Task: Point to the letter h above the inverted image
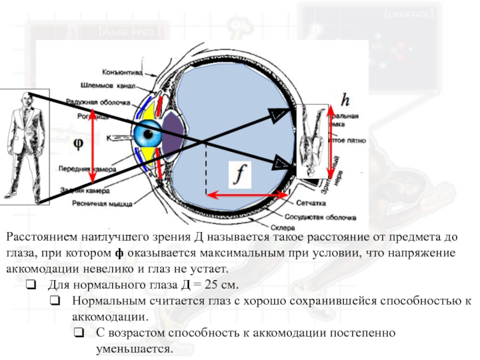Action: [x=345, y=98]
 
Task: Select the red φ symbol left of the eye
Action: [x=78, y=144]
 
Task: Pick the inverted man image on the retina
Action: [x=311, y=141]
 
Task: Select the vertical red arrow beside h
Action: [x=329, y=142]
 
